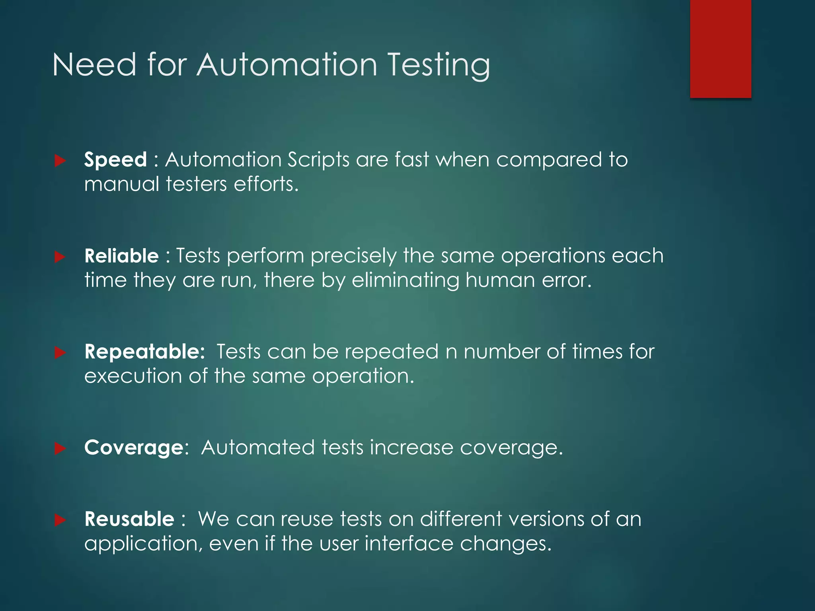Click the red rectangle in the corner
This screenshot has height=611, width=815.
(720, 49)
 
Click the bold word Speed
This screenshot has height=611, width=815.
(115, 160)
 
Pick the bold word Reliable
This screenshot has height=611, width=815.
(121, 256)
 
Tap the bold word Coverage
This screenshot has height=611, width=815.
(134, 448)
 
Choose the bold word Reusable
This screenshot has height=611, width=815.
(129, 520)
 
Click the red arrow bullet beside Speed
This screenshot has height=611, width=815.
(60, 161)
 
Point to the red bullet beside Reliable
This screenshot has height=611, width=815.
(60, 257)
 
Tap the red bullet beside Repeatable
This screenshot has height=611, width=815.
(60, 352)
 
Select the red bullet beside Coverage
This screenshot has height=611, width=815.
(60, 449)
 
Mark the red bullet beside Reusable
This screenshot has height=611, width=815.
(60, 520)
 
